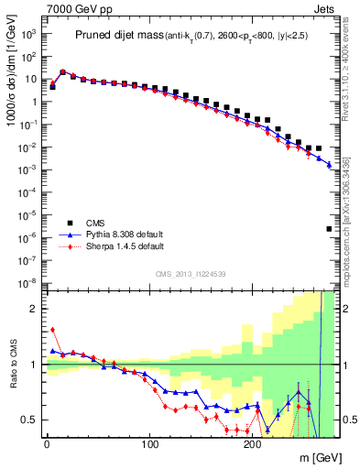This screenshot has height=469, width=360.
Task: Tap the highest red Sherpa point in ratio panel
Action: pos(52,330)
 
